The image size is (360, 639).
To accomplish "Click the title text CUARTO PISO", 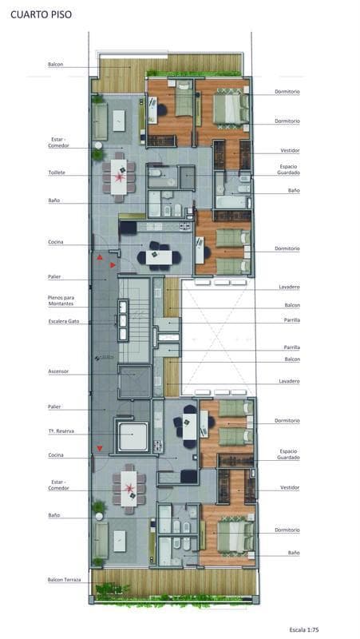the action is [x=41, y=14].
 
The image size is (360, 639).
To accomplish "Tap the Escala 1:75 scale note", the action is [x=304, y=629].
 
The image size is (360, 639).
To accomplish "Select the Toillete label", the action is [x=57, y=173].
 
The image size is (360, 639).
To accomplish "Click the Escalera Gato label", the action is [x=64, y=321].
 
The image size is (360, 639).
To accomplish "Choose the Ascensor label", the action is [x=58, y=371].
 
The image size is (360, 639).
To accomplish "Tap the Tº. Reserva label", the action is [x=61, y=431].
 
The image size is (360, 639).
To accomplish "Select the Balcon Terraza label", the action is [x=65, y=580].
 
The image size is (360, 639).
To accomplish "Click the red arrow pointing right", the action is [x=113, y=265].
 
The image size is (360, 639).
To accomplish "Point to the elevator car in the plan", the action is [x=135, y=382].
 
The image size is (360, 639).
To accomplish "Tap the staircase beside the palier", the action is [x=134, y=320].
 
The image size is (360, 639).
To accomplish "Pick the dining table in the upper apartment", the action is [x=119, y=177].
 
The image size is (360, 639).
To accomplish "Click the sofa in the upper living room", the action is [x=100, y=121].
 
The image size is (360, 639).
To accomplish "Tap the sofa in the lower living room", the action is [x=101, y=541].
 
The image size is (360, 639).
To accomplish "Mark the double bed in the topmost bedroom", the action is [x=231, y=109].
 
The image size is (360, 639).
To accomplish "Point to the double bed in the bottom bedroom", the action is [x=235, y=536].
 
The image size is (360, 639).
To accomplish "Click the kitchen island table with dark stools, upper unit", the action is [x=159, y=257].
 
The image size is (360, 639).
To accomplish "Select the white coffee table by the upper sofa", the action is [x=119, y=121].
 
